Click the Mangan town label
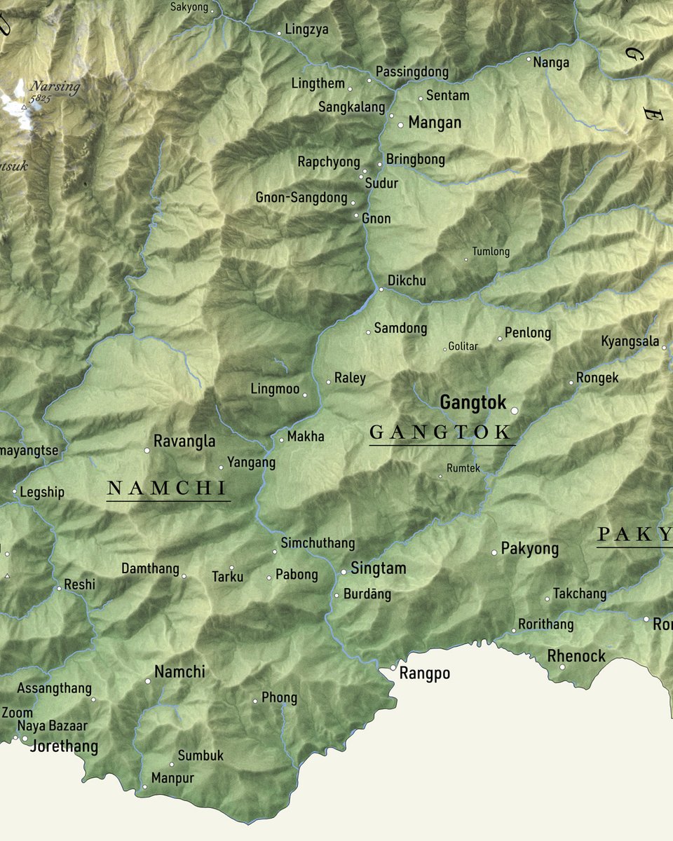click(x=435, y=123)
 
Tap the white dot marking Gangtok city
click(x=514, y=411)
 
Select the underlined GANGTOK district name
click(x=441, y=432)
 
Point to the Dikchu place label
click(x=407, y=281)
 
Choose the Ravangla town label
click(x=184, y=442)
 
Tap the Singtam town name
click(x=379, y=568)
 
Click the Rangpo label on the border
click(x=425, y=674)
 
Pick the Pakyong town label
click(x=530, y=549)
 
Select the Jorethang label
click(x=64, y=746)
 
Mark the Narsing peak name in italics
click(x=55, y=87)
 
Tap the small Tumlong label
click(x=491, y=252)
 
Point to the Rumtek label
click(x=463, y=468)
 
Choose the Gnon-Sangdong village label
click(x=301, y=198)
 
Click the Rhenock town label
click(x=576, y=656)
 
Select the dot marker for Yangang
click(x=221, y=467)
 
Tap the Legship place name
click(x=42, y=492)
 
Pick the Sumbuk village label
click(x=200, y=755)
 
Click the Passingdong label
click(x=412, y=72)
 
